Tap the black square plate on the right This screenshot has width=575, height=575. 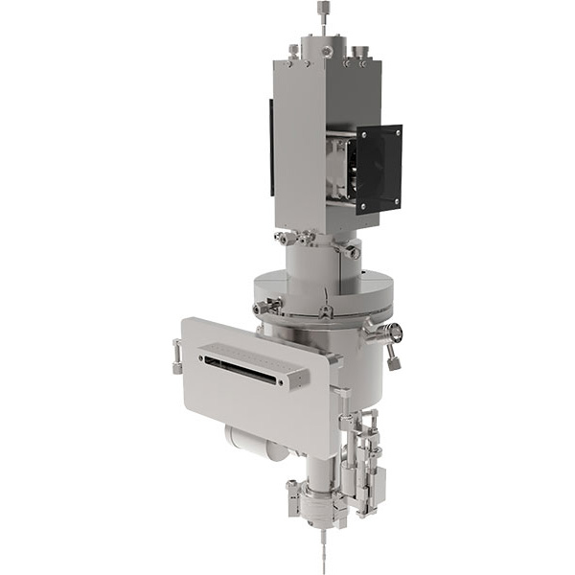379,168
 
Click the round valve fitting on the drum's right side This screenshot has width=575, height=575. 392,333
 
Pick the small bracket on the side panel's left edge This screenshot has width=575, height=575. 176,355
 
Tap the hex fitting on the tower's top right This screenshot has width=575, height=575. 361,55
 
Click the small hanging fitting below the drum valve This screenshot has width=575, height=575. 393,361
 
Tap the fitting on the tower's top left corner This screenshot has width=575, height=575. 292,50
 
